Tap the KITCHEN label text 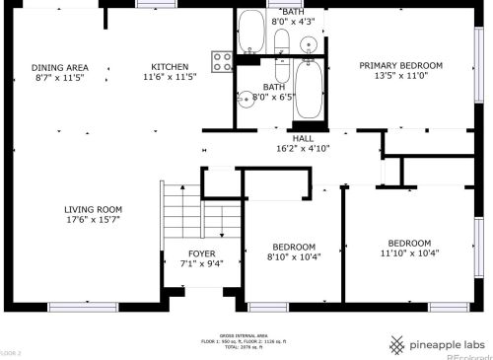[x=171, y=66]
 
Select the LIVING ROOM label [x=93, y=209]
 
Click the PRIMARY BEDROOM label [x=400, y=66]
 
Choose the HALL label [x=302, y=138]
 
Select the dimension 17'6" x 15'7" [x=93, y=220]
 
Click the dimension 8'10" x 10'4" [x=295, y=256]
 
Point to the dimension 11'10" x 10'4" [x=408, y=253]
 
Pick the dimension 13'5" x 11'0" [x=400, y=77]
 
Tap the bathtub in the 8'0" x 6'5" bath [x=308, y=92]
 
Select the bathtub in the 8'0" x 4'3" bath [x=251, y=32]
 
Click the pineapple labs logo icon [x=395, y=344]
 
